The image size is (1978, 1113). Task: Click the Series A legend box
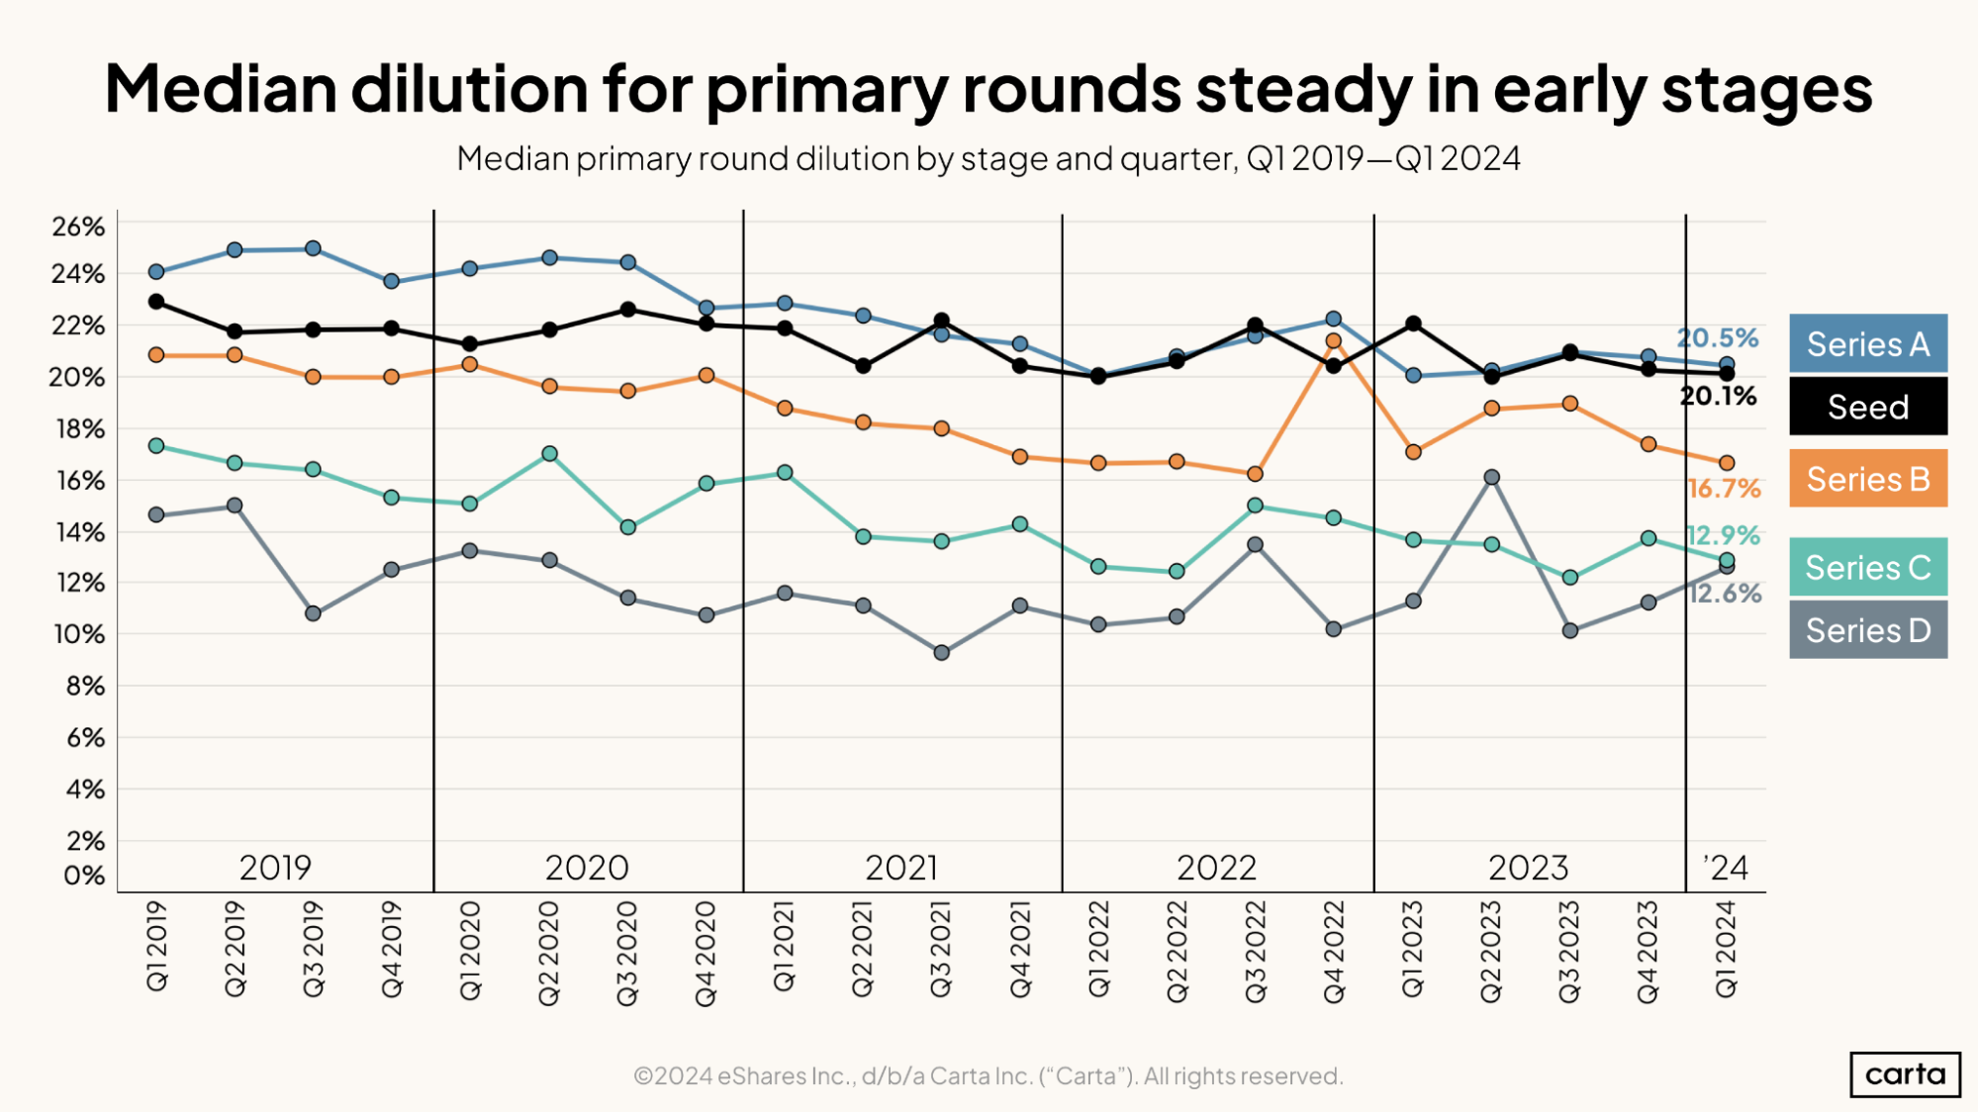pos(1867,343)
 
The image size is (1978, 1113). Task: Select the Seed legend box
pos(1867,407)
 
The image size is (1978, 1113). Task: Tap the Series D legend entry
pos(1867,630)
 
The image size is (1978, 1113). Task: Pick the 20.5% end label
pos(1717,338)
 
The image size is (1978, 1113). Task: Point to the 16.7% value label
pos(1724,489)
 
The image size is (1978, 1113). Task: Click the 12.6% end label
pos(1725,594)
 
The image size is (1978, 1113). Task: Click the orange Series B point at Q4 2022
pos(1333,340)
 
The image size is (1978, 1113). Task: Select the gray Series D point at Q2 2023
pos(1491,478)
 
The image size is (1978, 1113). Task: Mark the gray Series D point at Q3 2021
pos(941,653)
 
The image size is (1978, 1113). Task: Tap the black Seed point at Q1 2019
pos(156,302)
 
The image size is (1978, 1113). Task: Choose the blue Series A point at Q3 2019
pos(313,248)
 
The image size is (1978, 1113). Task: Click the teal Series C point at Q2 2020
pos(549,454)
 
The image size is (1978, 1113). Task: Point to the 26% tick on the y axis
pos(78,227)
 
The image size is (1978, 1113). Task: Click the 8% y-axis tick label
pos(84,686)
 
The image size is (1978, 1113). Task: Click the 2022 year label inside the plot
pos(1216,868)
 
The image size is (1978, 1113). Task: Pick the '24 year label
pos(1726,868)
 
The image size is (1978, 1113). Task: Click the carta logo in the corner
pos(1904,1074)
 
